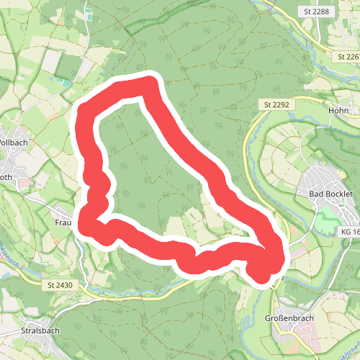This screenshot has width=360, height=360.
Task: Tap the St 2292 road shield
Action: pyautogui.click(x=276, y=105)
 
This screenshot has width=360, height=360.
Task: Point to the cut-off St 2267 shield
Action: pyautogui.click(x=348, y=56)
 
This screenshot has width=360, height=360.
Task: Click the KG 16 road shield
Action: pyautogui.click(x=348, y=233)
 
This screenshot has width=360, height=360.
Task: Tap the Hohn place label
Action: pyautogui.click(x=338, y=111)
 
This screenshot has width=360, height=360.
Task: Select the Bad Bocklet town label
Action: pyautogui.click(x=330, y=194)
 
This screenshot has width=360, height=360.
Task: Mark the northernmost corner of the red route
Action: pyautogui.click(x=150, y=81)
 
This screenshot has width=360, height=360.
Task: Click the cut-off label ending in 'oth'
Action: pyautogui.click(x=6, y=176)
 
